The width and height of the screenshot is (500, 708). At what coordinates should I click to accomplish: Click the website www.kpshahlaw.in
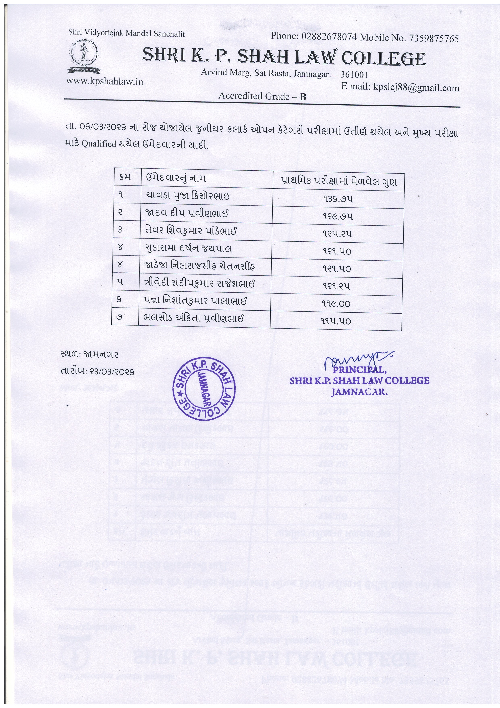(104, 81)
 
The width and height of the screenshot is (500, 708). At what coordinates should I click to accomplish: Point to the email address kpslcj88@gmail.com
(416, 88)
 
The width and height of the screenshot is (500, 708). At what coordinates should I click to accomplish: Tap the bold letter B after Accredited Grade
(303, 97)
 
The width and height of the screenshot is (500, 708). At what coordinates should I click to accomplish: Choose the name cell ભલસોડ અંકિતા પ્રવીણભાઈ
(193, 318)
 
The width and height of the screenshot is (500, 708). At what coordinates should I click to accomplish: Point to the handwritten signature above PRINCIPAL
(357, 359)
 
